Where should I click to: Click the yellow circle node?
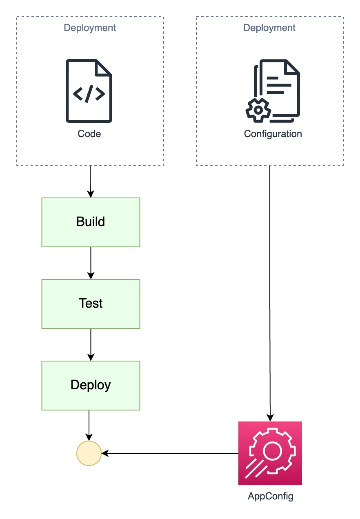click(x=89, y=453)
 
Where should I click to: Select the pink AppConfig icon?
click(x=270, y=453)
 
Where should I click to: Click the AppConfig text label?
click(x=270, y=497)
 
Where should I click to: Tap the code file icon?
click(x=89, y=91)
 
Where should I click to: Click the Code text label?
click(x=89, y=134)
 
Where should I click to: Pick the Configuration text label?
click(x=273, y=134)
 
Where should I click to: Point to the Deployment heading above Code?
click(x=90, y=28)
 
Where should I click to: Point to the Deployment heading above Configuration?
click(x=269, y=28)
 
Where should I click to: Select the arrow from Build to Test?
click(x=91, y=263)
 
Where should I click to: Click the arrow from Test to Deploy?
click(x=91, y=345)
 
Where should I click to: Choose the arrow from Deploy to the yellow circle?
click(x=89, y=426)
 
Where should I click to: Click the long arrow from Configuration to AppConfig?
click(x=270, y=294)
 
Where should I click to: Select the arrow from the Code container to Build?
click(x=90, y=182)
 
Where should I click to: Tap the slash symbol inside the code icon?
click(x=89, y=94)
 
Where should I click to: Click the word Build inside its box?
click(x=91, y=222)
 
